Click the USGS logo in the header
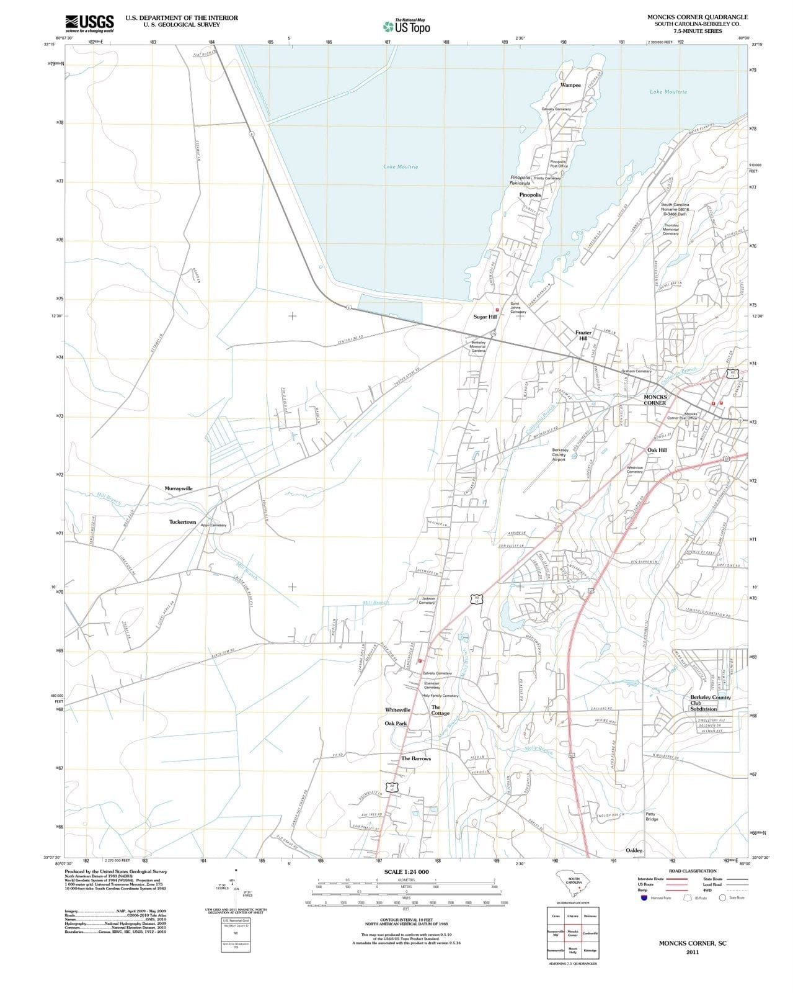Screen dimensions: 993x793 pos(89,23)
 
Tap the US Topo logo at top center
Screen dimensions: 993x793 pos(406,26)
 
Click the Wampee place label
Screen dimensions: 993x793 pos(570,85)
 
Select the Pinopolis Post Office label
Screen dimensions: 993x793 pos(559,164)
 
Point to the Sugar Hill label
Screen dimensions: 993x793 pos(485,317)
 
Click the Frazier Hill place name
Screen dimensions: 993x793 pos(583,335)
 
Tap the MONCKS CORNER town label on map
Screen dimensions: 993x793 pos(655,400)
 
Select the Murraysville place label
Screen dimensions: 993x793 pos(179,488)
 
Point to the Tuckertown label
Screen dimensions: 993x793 pos(182,522)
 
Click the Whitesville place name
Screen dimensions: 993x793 pos(397,709)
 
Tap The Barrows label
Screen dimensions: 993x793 pos(415,758)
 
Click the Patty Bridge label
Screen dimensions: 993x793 pos(652,816)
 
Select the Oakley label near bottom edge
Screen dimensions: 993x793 pos(634,850)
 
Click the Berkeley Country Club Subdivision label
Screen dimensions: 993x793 pos(710,703)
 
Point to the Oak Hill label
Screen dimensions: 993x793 pos(657,450)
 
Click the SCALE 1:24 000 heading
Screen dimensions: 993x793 pos(406,872)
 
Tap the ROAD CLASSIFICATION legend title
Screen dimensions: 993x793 pos(692,871)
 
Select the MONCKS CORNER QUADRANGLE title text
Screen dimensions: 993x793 pos(698,17)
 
